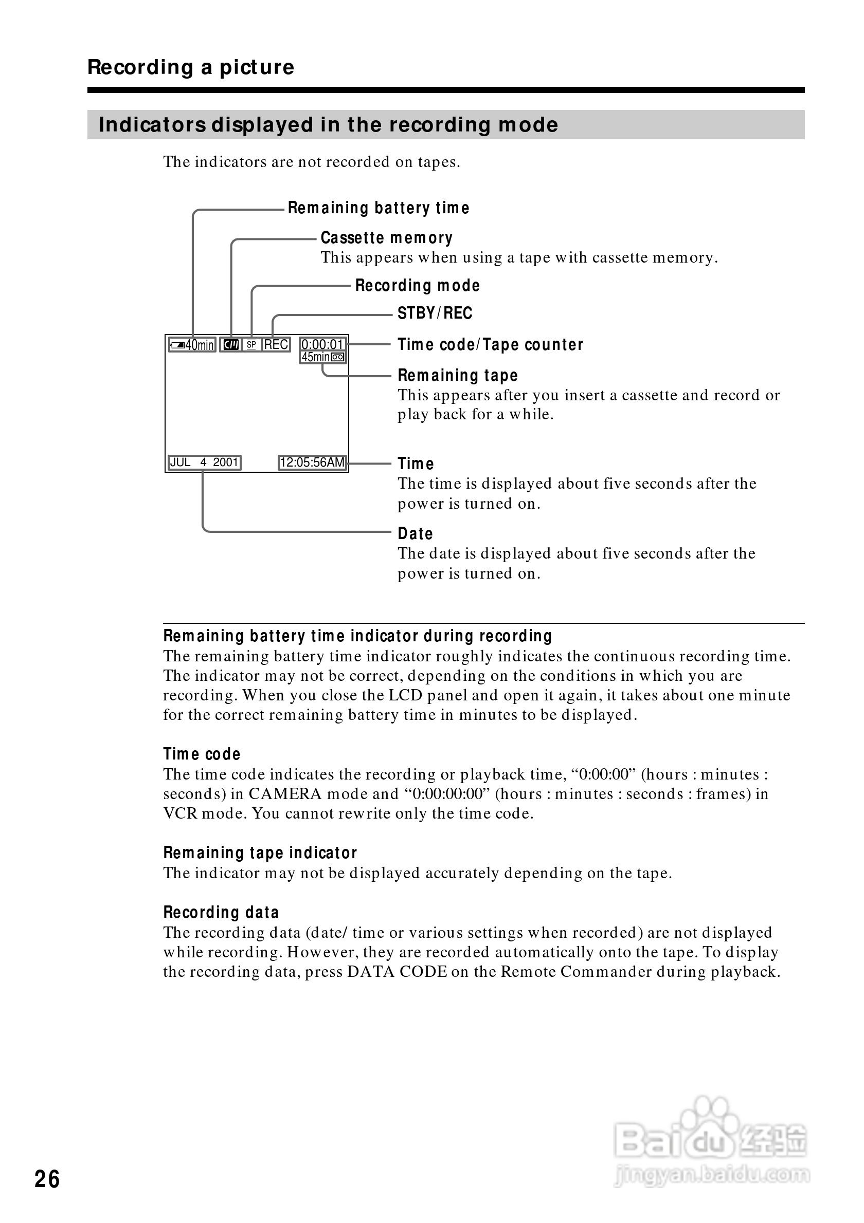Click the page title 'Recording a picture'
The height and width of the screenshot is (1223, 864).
191,68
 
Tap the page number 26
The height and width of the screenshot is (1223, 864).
47,1179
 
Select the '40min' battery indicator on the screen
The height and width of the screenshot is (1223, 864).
192,345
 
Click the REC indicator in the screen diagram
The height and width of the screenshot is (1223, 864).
276,345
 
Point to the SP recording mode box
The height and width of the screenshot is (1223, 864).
251,345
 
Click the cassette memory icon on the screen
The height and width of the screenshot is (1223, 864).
231,345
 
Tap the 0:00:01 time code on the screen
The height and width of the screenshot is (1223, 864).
322,344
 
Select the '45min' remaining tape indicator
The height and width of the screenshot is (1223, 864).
323,357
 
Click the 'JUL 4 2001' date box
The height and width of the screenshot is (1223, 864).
204,462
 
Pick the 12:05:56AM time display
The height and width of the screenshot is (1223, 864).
312,462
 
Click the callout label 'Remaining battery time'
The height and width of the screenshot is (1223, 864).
379,208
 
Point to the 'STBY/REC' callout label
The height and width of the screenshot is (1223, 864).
435,313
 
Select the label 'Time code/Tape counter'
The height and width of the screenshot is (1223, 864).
490,345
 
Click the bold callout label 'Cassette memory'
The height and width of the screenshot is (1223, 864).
386,237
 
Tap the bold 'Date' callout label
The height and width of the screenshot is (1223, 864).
415,533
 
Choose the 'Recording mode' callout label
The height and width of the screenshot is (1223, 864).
417,286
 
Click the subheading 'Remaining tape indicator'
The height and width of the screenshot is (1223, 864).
260,853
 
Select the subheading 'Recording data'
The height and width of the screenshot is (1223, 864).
221,913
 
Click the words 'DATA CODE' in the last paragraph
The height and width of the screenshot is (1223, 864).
397,972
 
